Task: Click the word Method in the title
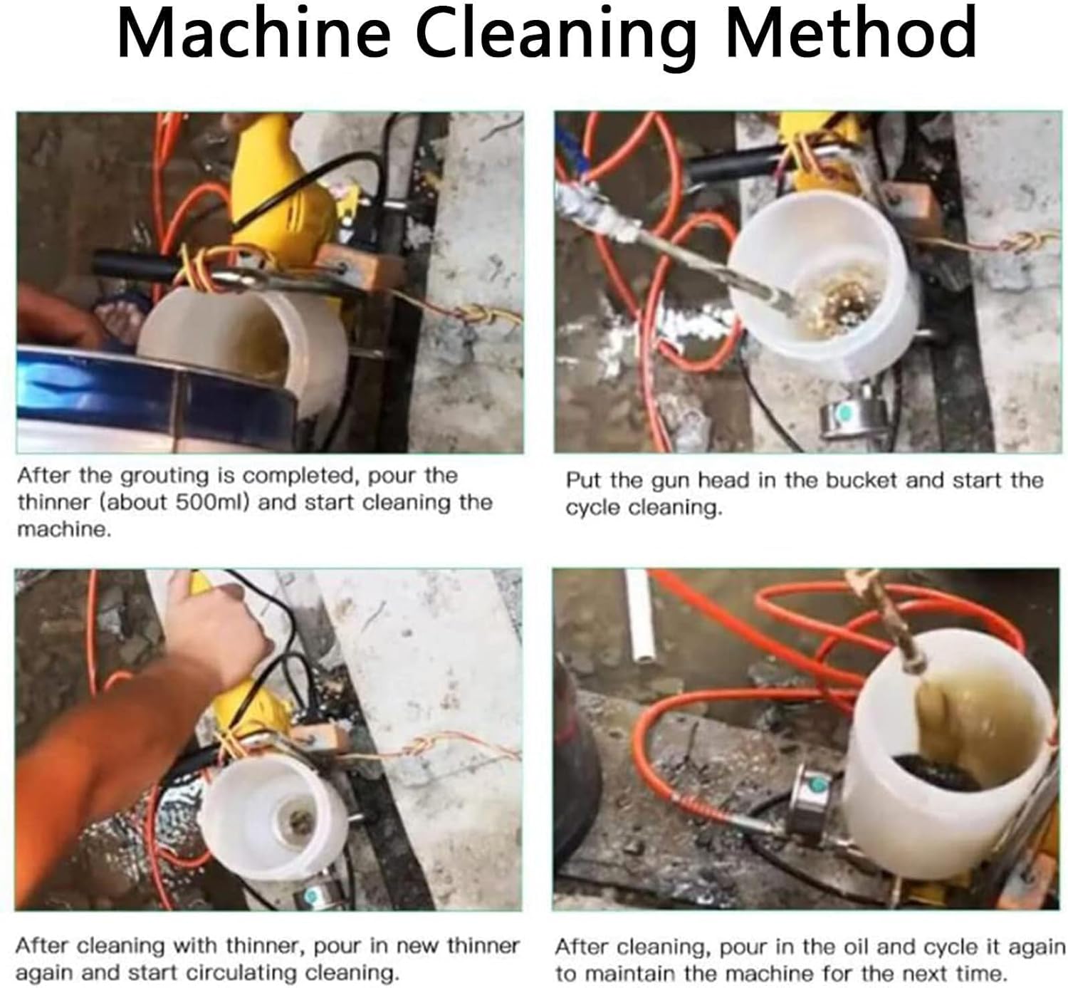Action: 850,33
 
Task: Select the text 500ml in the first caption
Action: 211,502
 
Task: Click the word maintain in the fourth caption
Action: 618,973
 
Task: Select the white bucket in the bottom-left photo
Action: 274,819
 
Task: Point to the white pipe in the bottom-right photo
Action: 639,616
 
